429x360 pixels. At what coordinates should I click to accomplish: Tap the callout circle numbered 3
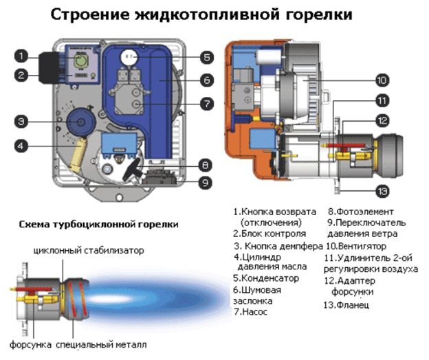(23, 122)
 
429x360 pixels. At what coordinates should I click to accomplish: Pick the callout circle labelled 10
(383, 80)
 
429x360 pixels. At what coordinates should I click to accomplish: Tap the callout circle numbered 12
(383, 120)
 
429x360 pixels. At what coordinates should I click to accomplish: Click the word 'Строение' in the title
(93, 15)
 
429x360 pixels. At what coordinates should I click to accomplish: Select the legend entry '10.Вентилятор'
(356, 245)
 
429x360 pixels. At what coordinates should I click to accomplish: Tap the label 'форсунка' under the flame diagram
(30, 344)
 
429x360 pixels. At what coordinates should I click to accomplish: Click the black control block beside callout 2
(49, 66)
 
